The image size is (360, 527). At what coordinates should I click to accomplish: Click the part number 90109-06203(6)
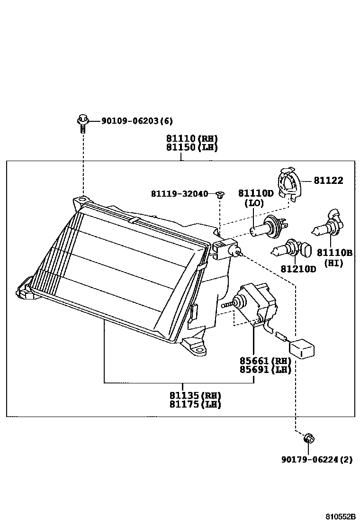137,121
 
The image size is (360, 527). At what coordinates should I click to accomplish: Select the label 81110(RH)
191,139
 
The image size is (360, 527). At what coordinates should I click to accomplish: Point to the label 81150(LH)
191,147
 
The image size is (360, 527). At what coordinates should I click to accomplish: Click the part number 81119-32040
180,193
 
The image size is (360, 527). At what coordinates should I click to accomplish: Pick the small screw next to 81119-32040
220,194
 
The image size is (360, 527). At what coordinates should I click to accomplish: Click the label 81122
328,180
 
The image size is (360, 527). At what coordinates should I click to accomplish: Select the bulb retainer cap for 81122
289,182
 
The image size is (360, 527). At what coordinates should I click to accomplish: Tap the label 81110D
256,193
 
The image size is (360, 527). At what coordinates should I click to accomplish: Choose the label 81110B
334,253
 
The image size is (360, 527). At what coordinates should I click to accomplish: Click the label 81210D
298,269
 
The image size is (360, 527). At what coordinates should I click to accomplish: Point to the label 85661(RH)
264,361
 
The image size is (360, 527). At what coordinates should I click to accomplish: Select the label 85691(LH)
264,370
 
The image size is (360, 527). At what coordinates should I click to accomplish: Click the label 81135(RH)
195,395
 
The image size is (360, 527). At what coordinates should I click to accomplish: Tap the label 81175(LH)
195,404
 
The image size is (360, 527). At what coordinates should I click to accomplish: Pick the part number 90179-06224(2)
316,459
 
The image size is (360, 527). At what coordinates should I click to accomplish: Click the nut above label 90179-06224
308,439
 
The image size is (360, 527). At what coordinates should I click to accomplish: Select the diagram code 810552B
340,517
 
